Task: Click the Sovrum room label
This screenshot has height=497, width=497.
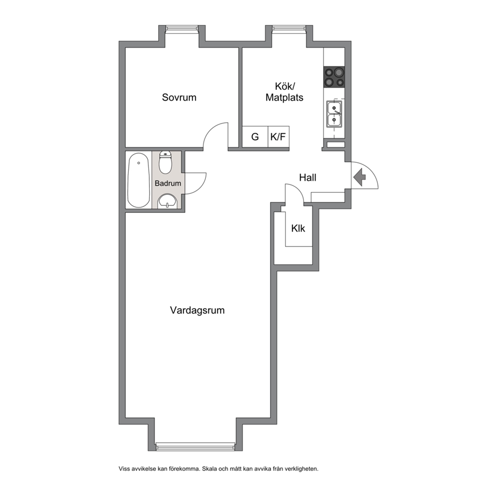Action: coord(179,97)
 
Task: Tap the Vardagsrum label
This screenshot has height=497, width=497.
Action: coord(197,310)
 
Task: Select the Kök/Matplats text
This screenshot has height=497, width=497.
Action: coord(284,92)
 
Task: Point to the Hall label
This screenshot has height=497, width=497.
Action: coord(308,177)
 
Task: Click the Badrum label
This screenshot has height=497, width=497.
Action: coord(168,183)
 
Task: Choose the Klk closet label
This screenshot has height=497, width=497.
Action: coord(298,228)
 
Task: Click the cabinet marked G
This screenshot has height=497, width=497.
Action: coord(255,137)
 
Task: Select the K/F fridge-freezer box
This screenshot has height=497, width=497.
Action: coord(279,137)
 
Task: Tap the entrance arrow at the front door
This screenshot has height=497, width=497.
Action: coord(360,177)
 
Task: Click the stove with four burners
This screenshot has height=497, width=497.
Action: coord(334,77)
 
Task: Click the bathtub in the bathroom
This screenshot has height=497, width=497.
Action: coord(138,180)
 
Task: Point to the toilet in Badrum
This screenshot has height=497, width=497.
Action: coord(165,162)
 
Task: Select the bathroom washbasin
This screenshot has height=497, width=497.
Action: coord(167,201)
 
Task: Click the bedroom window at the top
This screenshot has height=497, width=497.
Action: coord(182,29)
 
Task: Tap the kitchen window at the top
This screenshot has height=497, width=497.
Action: coord(289,29)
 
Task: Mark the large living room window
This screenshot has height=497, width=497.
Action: coord(195,447)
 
